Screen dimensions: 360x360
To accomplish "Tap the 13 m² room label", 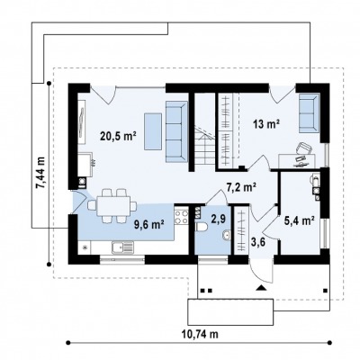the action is click(x=266, y=123).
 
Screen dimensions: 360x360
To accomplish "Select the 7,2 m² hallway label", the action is click(x=240, y=187).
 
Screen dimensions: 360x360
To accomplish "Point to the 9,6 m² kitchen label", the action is click(x=148, y=224).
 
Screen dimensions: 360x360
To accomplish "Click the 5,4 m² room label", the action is click(x=299, y=220).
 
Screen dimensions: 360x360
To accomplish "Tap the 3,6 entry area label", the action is click(x=257, y=242).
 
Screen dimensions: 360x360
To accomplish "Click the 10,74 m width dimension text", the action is click(x=200, y=334).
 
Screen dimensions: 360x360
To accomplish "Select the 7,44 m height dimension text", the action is click(x=40, y=173).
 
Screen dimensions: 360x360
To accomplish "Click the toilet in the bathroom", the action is click(x=201, y=227).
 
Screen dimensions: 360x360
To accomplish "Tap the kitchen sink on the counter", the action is click(x=122, y=247).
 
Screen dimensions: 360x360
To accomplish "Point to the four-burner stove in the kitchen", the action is click(x=181, y=217).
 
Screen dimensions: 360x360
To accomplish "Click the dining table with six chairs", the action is click(x=112, y=206).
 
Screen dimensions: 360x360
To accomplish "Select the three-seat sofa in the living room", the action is click(x=176, y=131).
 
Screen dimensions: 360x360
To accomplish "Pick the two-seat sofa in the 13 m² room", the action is click(x=310, y=112).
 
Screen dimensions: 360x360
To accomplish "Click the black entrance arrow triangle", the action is click(x=261, y=288).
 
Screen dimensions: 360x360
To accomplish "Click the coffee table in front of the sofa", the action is click(x=153, y=131).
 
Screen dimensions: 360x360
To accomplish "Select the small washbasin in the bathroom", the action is click(x=227, y=236).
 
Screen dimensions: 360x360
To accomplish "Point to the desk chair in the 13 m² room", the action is click(x=303, y=148).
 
